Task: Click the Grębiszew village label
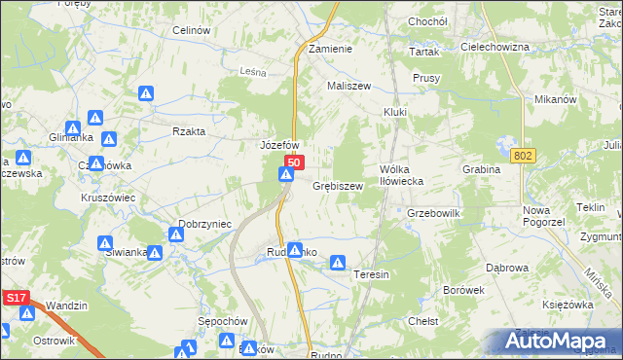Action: point(338,185)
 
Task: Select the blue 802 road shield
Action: point(522,156)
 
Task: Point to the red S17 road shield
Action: point(15,301)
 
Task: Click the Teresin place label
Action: point(371,274)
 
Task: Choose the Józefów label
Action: point(278,144)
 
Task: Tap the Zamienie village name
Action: point(329,48)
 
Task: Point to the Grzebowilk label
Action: point(433,212)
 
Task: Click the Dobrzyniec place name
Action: point(204,223)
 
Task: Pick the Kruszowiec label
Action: point(107,197)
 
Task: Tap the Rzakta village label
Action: point(188,130)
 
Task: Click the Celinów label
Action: point(192,30)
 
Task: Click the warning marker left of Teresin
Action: point(338,262)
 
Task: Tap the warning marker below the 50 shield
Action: point(285,175)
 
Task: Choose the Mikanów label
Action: point(557,99)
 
